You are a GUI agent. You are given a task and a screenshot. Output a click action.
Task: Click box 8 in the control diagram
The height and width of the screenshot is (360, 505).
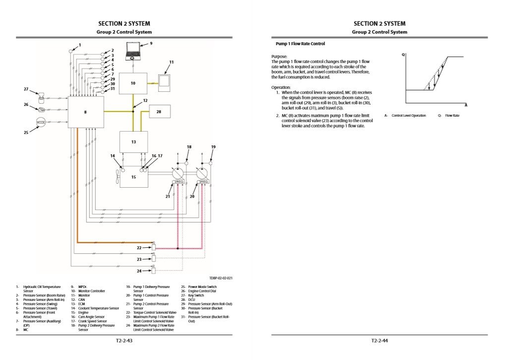click(x=85, y=112)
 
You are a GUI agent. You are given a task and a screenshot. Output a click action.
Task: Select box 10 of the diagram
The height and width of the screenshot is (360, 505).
click(x=133, y=83)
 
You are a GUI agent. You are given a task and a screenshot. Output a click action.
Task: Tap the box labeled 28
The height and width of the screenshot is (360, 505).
click(x=159, y=112)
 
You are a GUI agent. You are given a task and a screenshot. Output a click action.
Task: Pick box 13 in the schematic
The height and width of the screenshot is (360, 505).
click(x=133, y=142)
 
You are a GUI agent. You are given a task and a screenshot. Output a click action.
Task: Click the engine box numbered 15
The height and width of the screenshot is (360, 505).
click(x=133, y=176)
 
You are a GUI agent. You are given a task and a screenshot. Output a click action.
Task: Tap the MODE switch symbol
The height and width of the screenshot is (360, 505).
click(x=41, y=121)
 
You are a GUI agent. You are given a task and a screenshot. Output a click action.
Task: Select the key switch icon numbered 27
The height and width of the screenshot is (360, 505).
click(x=41, y=95)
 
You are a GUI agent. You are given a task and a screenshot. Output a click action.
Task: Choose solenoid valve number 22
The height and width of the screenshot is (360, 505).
click(x=153, y=246)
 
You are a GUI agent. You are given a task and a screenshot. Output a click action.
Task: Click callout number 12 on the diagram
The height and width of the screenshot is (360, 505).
click(x=145, y=100)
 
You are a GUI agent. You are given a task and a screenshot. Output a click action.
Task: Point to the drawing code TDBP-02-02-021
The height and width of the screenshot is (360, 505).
click(x=221, y=278)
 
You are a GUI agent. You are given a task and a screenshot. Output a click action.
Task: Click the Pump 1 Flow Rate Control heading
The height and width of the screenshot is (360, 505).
click(x=300, y=44)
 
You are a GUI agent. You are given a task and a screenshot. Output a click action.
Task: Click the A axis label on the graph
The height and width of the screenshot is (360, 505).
click(x=466, y=105)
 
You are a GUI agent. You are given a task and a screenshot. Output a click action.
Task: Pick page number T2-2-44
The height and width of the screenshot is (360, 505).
click(x=379, y=341)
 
